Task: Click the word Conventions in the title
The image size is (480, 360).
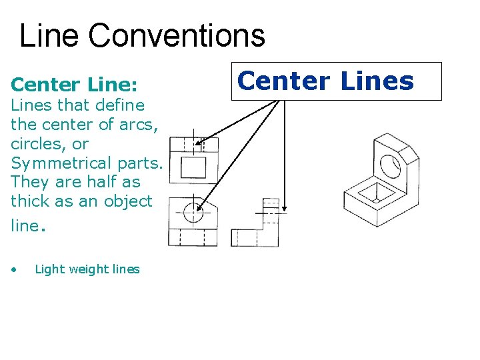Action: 177,35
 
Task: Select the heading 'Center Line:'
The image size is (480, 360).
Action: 75,85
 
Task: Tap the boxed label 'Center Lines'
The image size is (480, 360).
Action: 336,81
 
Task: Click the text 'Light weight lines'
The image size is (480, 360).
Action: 87,269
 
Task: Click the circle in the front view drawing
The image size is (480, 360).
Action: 193,213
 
